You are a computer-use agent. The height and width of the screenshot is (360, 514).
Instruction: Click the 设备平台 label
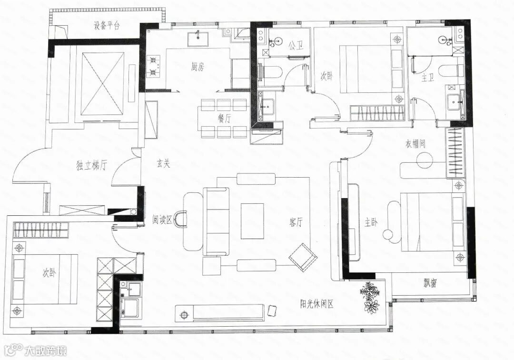(107, 26)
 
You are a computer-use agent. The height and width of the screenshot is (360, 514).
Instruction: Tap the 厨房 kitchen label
(198, 67)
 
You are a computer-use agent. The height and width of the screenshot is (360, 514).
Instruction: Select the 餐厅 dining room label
(224, 120)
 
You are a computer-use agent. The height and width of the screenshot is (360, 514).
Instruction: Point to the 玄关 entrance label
(163, 164)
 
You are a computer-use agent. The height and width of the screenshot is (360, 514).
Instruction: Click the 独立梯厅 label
(91, 166)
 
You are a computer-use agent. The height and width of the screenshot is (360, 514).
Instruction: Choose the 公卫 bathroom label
(296, 46)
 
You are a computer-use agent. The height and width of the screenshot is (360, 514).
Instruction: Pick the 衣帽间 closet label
(415, 144)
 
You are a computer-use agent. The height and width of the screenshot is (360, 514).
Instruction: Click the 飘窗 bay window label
(430, 283)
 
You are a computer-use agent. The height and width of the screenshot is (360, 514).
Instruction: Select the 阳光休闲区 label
(317, 304)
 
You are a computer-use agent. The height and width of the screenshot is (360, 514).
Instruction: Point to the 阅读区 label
(162, 220)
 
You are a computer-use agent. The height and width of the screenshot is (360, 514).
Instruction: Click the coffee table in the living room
(252, 221)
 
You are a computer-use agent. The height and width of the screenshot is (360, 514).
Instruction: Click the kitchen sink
(198, 40)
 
